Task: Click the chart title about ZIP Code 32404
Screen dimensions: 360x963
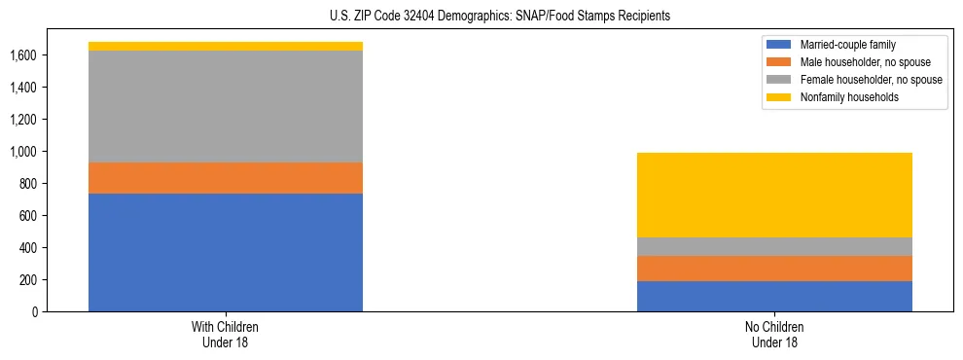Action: pos(481,17)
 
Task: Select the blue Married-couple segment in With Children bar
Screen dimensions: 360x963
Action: pos(226,252)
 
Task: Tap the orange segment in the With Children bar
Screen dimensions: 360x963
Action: pos(226,178)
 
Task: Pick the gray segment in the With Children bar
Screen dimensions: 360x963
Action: pos(226,106)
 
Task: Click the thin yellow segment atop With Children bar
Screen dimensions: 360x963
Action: pos(226,46)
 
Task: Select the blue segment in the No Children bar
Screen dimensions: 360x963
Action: pos(774,296)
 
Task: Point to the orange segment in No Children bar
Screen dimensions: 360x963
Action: pos(774,269)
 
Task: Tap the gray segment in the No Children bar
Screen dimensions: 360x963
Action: pos(774,246)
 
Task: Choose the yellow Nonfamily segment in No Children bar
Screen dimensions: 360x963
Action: pos(774,195)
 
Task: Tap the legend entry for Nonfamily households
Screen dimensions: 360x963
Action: pos(842,97)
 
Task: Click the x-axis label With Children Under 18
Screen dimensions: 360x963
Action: pos(226,334)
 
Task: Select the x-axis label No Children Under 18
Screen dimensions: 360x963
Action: pos(774,334)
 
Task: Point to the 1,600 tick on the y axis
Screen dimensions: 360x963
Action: pos(23,55)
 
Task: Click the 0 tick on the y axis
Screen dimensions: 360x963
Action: pos(35,312)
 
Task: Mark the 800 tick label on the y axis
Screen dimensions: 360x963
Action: pos(28,184)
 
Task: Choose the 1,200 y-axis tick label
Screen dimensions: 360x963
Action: pos(23,120)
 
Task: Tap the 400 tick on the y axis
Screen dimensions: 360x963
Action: pos(28,248)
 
